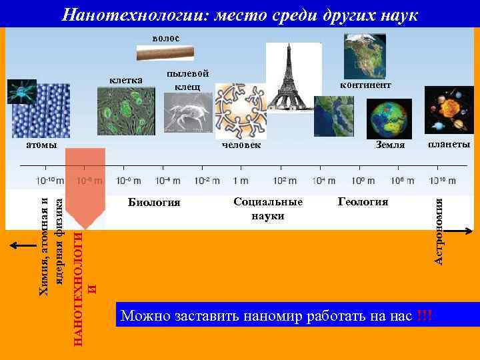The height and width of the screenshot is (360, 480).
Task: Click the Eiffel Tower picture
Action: coord(293,77)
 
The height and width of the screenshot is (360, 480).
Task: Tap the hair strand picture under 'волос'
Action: coord(165,52)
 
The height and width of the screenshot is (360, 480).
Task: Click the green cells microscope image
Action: coord(126,112)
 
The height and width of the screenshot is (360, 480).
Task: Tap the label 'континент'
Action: coord(365,85)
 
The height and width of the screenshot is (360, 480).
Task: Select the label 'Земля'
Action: coord(390,145)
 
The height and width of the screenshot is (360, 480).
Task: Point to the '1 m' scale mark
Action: coord(241,181)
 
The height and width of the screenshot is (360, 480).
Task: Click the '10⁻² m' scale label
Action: coord(205,181)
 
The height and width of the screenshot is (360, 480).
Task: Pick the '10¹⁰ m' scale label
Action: coord(441,181)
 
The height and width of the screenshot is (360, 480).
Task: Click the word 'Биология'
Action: coord(154,202)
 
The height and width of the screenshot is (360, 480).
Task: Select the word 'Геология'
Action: coord(363,201)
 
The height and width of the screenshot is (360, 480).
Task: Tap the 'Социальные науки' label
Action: coord(267,208)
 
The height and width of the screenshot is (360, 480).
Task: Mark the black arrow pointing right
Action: coord(459,231)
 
